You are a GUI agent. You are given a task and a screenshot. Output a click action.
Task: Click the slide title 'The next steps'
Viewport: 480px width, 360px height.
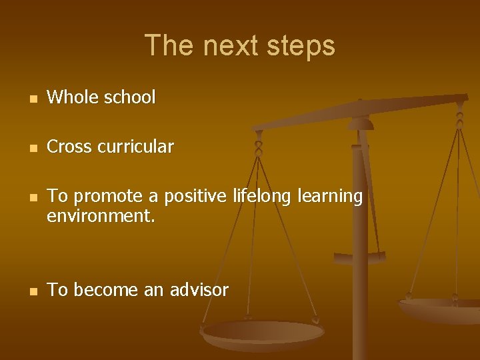click(x=239, y=46)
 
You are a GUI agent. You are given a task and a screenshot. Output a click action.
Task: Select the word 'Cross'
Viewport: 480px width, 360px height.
click(x=70, y=146)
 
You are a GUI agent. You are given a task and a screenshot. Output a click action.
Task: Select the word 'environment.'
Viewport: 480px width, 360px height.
click(x=101, y=216)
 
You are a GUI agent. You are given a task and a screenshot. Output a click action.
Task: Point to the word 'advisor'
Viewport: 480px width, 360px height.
click(x=199, y=290)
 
